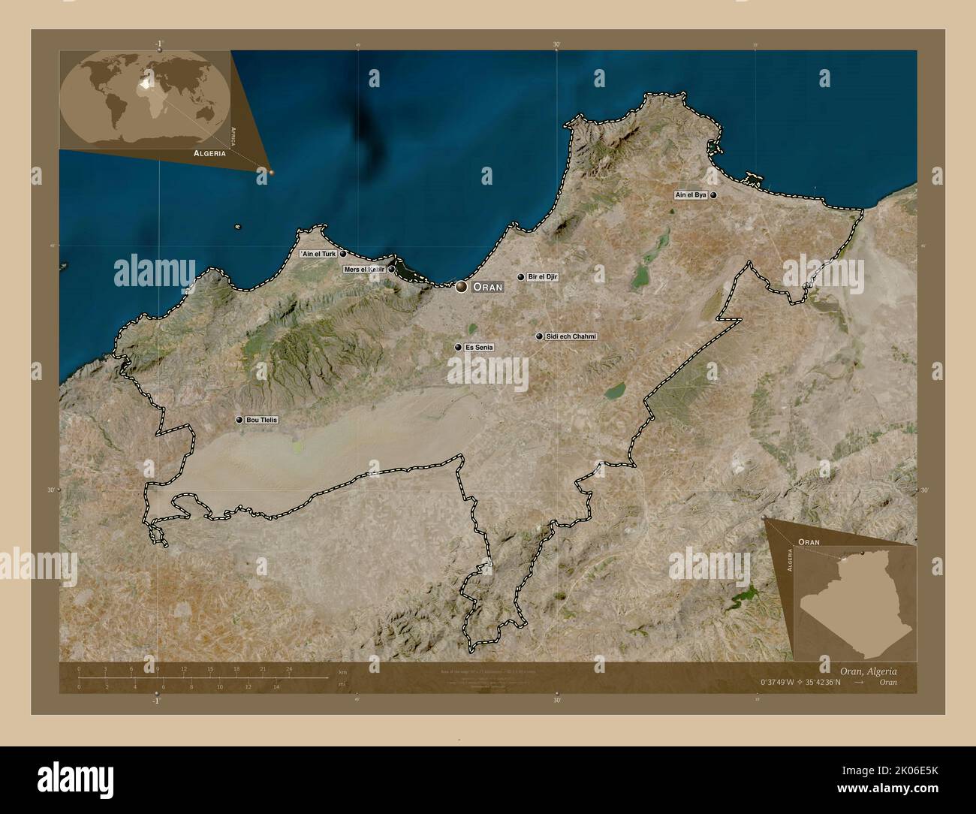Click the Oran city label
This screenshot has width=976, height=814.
tap(488, 286)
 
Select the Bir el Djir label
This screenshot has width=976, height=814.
tap(544, 277)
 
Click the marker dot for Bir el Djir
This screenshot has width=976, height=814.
tap(520, 277)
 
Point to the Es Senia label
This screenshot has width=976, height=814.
tap(479, 348)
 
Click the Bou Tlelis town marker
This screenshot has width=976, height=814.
tap(239, 420)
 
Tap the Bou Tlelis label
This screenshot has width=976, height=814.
tap(262, 420)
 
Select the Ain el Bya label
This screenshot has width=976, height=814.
tap(690, 195)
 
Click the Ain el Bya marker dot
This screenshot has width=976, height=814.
tap(714, 195)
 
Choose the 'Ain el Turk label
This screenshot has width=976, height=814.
tap(318, 255)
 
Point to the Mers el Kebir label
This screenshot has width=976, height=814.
tap(364, 269)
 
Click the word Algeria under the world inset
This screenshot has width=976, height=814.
tap(209, 152)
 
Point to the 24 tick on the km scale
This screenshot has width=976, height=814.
tap(289, 669)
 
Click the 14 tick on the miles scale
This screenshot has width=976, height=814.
tap(276, 686)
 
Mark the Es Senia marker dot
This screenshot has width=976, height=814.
tap(458, 348)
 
